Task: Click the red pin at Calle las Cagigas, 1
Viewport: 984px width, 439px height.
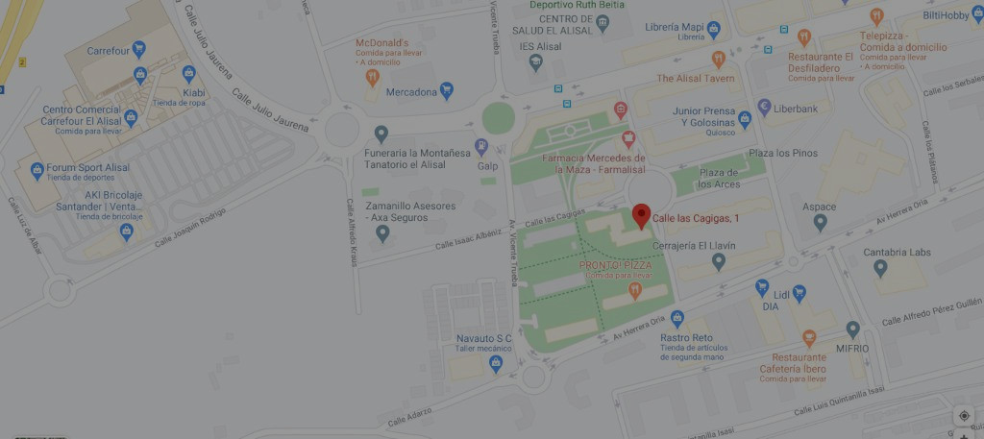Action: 642,216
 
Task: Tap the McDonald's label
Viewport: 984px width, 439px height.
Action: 382,43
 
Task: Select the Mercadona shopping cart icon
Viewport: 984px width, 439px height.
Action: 446,92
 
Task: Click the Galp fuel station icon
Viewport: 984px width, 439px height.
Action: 481,146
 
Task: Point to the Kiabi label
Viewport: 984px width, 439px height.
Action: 194,93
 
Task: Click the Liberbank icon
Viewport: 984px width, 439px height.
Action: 765,108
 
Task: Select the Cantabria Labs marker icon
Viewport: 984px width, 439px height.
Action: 880,268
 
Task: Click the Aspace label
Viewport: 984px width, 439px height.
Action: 820,207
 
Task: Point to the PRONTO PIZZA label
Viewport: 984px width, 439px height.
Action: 616,264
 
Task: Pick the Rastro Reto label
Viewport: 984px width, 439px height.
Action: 686,337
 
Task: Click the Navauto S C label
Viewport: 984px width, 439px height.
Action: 483,338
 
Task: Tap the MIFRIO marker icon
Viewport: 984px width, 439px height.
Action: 852,329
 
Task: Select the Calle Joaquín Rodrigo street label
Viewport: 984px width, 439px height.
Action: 193,227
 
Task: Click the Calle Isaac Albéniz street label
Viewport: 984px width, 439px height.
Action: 468,238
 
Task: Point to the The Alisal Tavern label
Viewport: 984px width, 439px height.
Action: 695,78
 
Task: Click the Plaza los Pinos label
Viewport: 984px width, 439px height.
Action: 783,154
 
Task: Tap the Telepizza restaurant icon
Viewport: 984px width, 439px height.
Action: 876,16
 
